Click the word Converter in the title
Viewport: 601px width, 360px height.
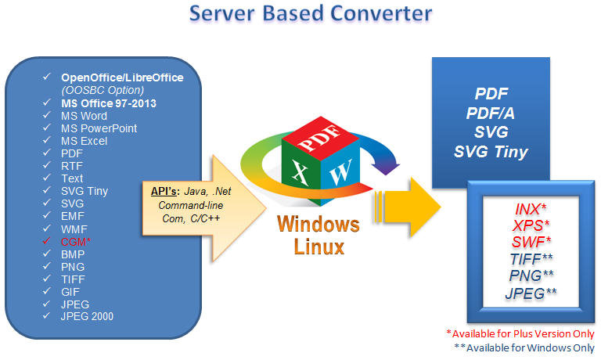pos(380,13)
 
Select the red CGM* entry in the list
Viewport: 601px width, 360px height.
pos(76,242)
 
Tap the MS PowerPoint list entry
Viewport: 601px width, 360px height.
pos(99,128)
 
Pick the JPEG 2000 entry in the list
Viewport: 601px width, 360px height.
pos(87,316)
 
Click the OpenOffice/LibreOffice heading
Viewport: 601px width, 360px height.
pos(122,77)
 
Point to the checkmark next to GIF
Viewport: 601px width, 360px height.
pos(46,291)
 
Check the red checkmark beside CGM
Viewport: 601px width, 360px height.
pos(46,241)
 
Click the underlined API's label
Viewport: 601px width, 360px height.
pos(165,191)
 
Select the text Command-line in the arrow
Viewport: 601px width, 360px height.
pos(191,205)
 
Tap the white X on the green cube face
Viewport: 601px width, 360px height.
pos(300,172)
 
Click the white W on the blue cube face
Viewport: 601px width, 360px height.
pos(340,173)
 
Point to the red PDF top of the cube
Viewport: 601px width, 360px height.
pos(320,137)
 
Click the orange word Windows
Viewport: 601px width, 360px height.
pos(318,224)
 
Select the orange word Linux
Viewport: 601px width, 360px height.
pos(319,247)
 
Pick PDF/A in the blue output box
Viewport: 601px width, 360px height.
pos(490,113)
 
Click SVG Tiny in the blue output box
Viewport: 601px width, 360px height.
pos(491,152)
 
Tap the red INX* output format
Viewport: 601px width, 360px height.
pos(531,209)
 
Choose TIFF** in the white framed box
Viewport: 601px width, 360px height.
pos(531,259)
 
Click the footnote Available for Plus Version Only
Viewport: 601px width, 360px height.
pos(520,333)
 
